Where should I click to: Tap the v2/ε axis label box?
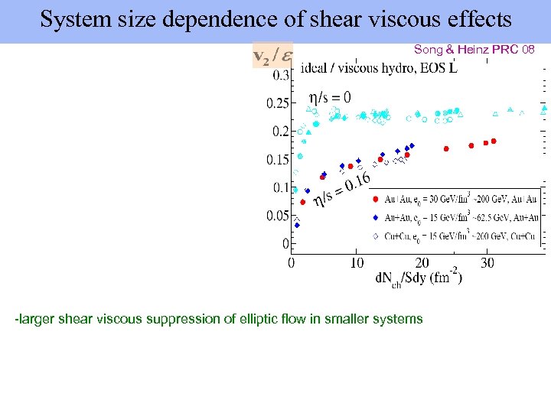[271, 57]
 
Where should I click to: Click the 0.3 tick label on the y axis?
[280, 75]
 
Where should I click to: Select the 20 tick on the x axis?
[422, 263]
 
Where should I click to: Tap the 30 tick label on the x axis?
[487, 263]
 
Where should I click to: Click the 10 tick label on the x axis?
[357, 263]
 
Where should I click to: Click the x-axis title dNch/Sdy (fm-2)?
[418, 278]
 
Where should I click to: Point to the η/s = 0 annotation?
[330, 97]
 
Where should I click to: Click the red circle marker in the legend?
[375, 199]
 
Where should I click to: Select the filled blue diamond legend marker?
[375, 217]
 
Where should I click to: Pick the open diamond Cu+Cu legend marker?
[375, 236]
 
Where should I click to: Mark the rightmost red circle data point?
[494, 141]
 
